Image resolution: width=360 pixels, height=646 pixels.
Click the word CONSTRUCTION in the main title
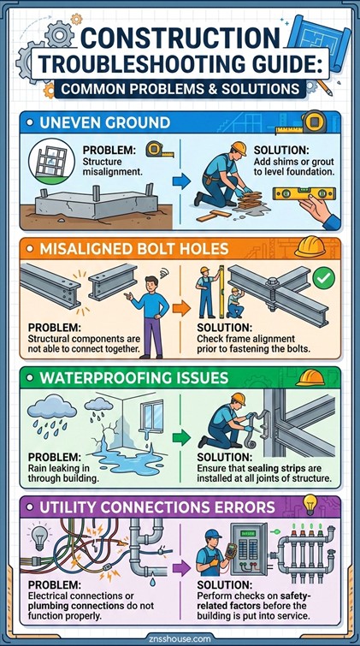click(180, 38)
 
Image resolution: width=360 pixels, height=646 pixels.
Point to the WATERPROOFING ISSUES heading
click(137, 377)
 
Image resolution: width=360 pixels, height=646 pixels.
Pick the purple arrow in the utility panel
click(180, 566)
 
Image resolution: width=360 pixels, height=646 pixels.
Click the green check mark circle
click(323, 278)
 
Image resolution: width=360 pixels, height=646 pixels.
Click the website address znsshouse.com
click(180, 637)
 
